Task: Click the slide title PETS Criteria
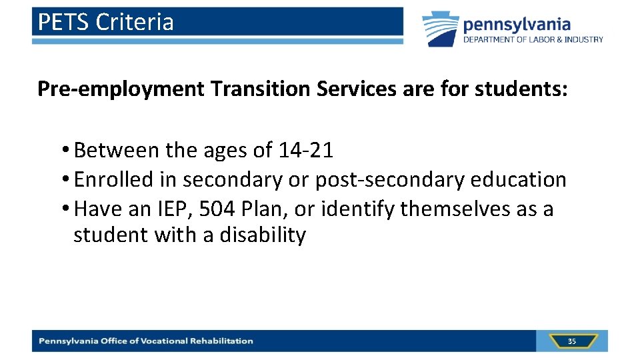pyautogui.click(x=105, y=22)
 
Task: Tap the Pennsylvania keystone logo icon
pyautogui.click(x=441, y=29)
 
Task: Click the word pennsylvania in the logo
pyautogui.click(x=517, y=25)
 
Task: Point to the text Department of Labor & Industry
pyautogui.click(x=533, y=39)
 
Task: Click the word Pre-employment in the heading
pyautogui.click(x=121, y=89)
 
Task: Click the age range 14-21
pyautogui.click(x=305, y=151)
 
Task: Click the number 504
pyautogui.click(x=217, y=209)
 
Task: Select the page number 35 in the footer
pyautogui.click(x=572, y=341)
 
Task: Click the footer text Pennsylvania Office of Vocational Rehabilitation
pyautogui.click(x=146, y=341)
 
